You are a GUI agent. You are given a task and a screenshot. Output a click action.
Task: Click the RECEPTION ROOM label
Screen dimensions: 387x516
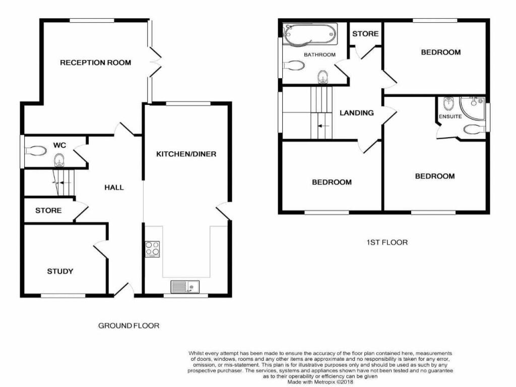pos(95,62)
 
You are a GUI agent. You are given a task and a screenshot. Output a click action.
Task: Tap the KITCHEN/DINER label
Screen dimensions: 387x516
pos(186,154)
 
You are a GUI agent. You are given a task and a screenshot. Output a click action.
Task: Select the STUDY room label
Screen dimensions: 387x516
pos(60,271)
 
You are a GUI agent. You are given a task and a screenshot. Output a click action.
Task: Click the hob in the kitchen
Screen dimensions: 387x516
pos(153,249)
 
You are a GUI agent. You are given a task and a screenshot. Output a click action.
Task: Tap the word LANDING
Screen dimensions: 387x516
pos(356,113)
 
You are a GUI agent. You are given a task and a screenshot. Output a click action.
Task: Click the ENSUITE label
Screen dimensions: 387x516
pos(450,117)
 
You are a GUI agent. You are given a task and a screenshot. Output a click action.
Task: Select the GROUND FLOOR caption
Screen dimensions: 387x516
pos(128,326)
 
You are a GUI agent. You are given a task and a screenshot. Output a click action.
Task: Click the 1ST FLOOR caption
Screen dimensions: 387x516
pos(387,242)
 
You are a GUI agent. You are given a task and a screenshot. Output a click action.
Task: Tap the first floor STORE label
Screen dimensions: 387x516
pos(365,34)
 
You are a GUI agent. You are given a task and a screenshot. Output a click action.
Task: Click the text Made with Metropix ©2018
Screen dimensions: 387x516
pos(320,382)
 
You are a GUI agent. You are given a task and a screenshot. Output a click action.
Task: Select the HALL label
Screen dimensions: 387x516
pos(114,187)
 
